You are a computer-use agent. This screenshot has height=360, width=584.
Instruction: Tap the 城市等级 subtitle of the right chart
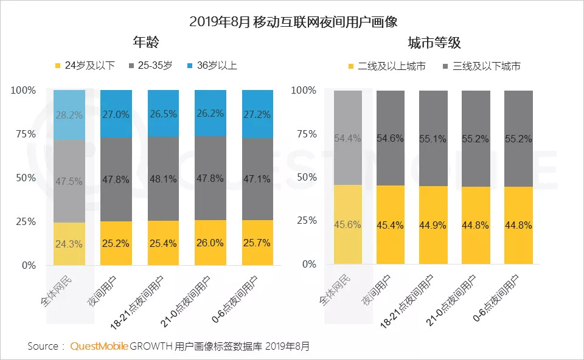click(434, 43)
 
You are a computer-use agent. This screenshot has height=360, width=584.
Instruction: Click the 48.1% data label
click(164, 179)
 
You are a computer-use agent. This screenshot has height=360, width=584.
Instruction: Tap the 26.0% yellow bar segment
click(210, 243)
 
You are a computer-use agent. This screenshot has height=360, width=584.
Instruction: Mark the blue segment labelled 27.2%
click(257, 114)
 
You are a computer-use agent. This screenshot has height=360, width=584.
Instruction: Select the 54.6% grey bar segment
click(391, 138)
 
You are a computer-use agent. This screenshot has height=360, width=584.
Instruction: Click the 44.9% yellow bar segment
click(433, 225)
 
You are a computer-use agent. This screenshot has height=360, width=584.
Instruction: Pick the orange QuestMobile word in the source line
click(99, 346)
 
